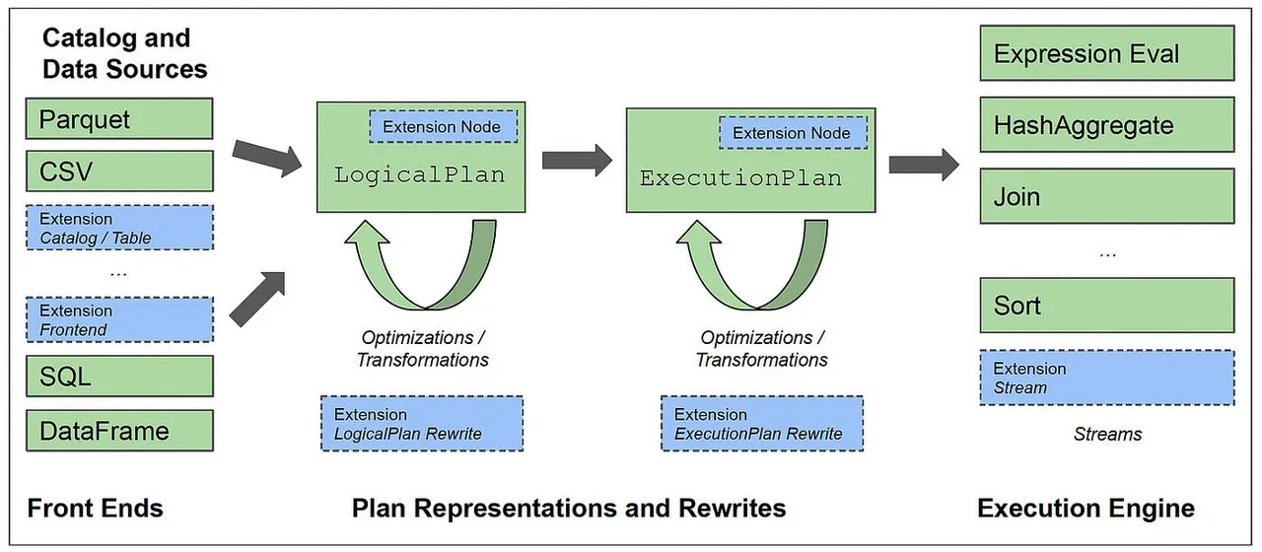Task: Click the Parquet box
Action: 119,119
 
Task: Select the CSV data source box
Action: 119,172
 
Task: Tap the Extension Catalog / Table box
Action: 119,228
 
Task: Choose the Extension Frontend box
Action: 119,320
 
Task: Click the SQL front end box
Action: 119,377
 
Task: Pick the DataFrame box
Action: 119,431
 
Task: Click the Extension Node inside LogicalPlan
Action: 443,127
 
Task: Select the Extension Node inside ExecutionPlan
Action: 793,133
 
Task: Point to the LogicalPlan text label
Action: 419,175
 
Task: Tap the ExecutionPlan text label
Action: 740,178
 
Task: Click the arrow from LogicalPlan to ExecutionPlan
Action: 577,161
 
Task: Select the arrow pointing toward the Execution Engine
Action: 924,165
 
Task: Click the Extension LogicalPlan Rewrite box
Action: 422,424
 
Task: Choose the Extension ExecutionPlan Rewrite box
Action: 762,424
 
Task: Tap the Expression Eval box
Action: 1107,53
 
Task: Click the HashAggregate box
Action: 1107,125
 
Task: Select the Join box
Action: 1107,196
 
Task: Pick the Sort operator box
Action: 1107,306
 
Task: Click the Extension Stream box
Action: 1107,378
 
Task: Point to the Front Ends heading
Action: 96,508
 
